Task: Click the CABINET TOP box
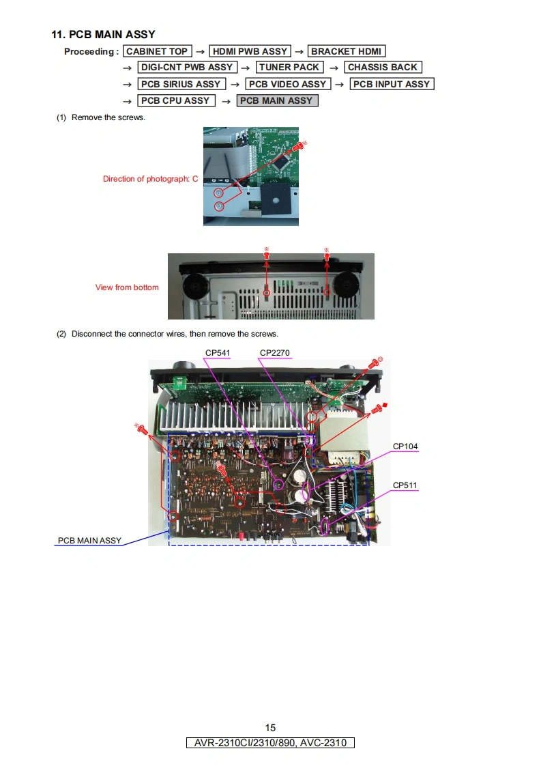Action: [x=157, y=51]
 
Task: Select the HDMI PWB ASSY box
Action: [x=250, y=51]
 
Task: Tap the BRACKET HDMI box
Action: [x=346, y=51]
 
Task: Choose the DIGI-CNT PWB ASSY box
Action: [x=188, y=68]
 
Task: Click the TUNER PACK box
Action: [x=289, y=68]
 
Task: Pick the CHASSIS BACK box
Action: [x=383, y=68]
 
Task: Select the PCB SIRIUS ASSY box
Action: [x=181, y=84]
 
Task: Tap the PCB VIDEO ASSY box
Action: [x=288, y=84]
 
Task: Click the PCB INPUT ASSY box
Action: [x=392, y=84]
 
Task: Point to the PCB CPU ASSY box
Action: [x=176, y=100]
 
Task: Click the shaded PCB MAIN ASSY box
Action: [x=277, y=100]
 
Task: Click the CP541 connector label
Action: [x=217, y=353]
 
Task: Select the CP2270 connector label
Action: [x=274, y=353]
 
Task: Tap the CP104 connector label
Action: [x=405, y=446]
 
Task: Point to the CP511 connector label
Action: [x=405, y=485]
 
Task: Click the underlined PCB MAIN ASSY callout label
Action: [x=89, y=540]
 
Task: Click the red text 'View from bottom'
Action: [x=127, y=287]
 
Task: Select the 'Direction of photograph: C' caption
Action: [x=150, y=179]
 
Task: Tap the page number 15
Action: [x=270, y=728]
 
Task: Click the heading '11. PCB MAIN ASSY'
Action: [x=104, y=34]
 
